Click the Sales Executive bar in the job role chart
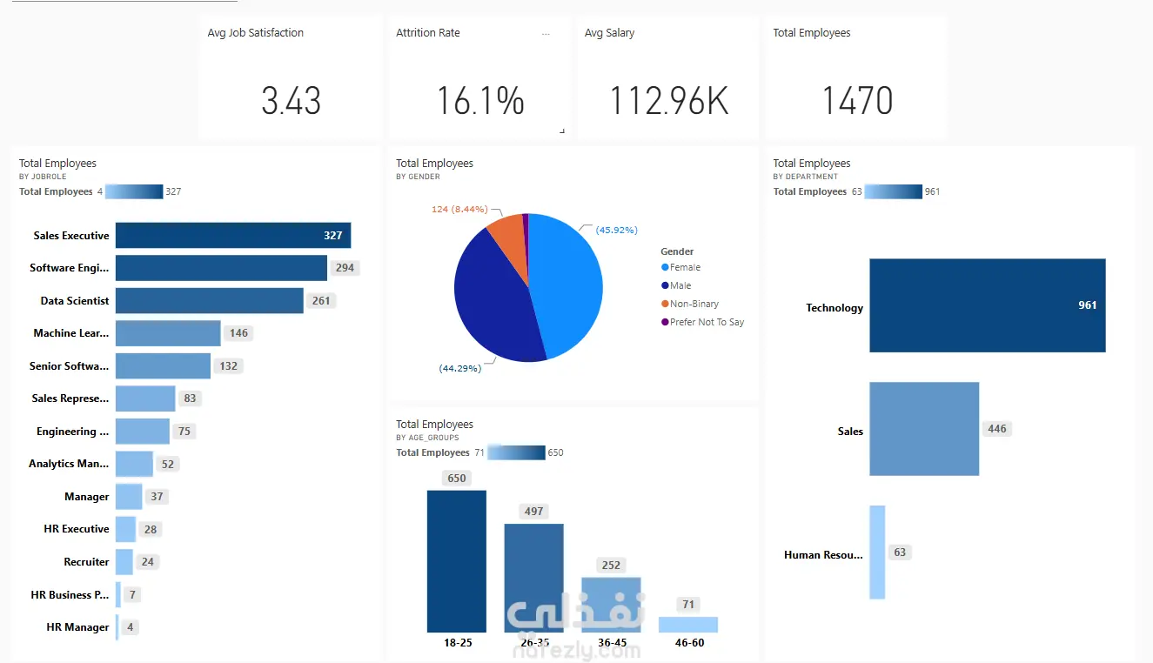tap(232, 236)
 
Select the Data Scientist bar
tap(209, 301)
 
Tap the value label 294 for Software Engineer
tap(345, 268)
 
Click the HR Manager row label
tap(77, 627)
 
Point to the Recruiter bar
tap(124, 562)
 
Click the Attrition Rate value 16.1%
tap(480, 101)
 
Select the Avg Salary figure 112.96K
tap(668, 101)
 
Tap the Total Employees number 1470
tap(857, 101)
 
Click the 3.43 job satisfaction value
tap(292, 101)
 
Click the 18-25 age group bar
tap(456, 561)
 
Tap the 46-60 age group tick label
tap(688, 643)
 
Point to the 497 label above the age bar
tap(533, 512)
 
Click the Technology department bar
tap(987, 305)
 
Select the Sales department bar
tap(924, 429)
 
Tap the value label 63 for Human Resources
tap(900, 552)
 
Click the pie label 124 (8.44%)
tap(459, 210)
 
